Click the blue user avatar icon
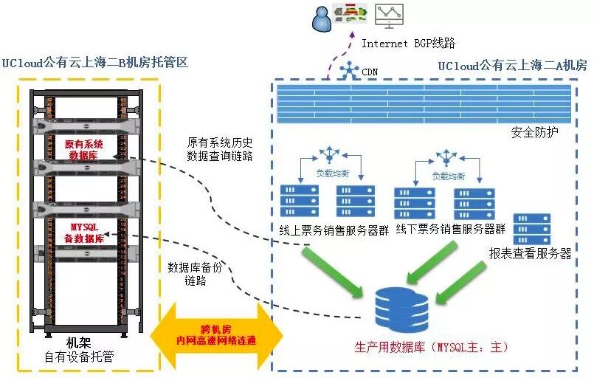tap(322, 18)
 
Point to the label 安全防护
tap(534, 133)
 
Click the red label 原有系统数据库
tap(87, 150)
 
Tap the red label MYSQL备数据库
tap(87, 233)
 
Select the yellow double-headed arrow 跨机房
tap(216, 334)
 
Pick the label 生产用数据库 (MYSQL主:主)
tap(432, 346)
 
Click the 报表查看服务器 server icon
tap(532, 230)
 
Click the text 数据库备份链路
tap(194, 273)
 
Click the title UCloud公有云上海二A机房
tap(512, 66)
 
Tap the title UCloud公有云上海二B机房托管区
tap(95, 63)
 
